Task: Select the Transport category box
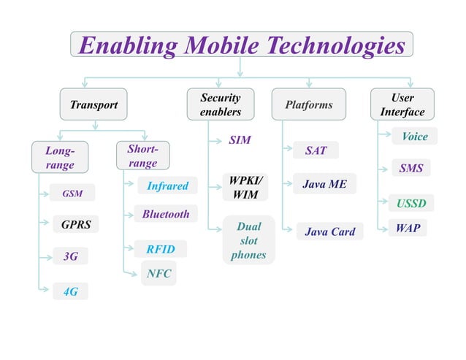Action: click(x=93, y=104)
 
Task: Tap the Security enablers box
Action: click(x=220, y=104)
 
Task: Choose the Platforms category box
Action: click(x=308, y=104)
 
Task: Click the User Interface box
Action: click(x=402, y=104)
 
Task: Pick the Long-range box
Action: click(x=59, y=158)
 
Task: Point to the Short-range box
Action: click(x=142, y=156)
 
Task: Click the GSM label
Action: click(x=72, y=194)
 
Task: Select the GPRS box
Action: click(x=76, y=224)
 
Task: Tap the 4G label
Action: click(x=70, y=291)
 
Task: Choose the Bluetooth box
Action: click(x=166, y=214)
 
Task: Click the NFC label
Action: click(x=158, y=274)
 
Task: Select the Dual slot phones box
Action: click(x=248, y=241)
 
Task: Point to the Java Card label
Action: click(x=329, y=231)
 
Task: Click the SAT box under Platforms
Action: click(x=316, y=151)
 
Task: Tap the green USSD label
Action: click(x=410, y=202)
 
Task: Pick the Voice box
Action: click(x=414, y=137)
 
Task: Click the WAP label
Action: click(x=408, y=228)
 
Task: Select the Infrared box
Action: click(x=167, y=186)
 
